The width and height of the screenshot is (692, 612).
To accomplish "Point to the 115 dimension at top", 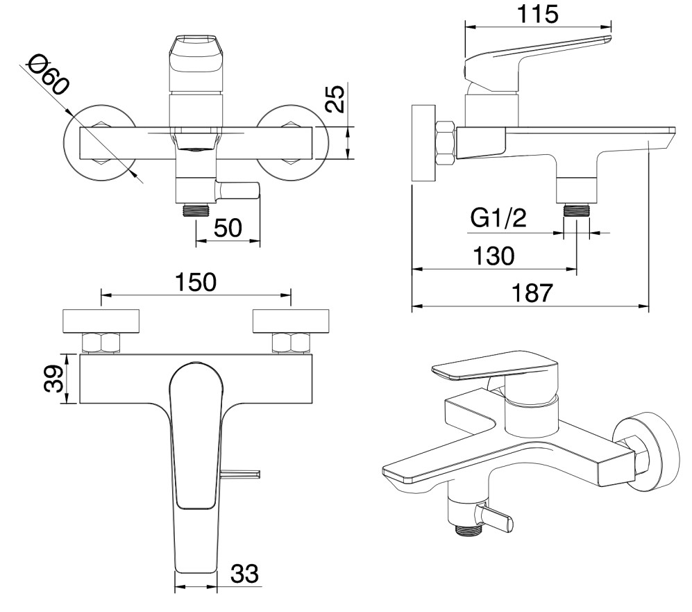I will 537,14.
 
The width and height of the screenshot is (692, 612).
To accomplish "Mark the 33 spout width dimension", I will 244,574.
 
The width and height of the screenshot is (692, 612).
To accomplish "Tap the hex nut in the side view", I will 445,143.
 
